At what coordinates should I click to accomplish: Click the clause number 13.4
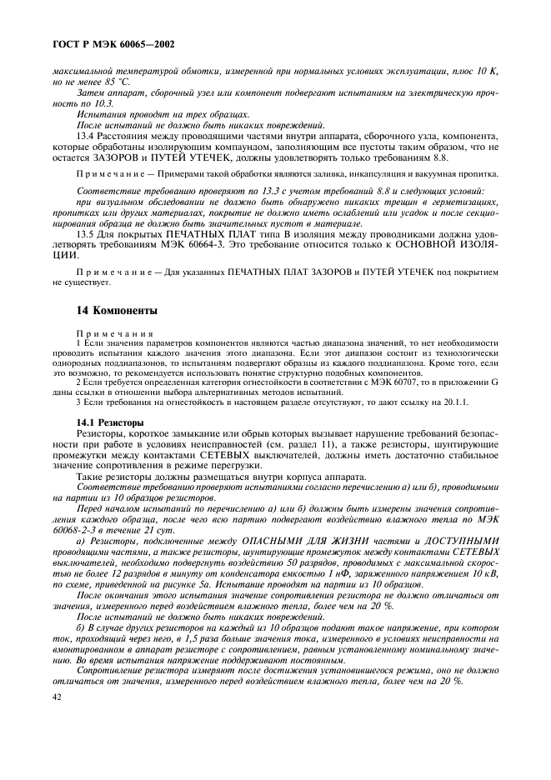pos(85,136)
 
